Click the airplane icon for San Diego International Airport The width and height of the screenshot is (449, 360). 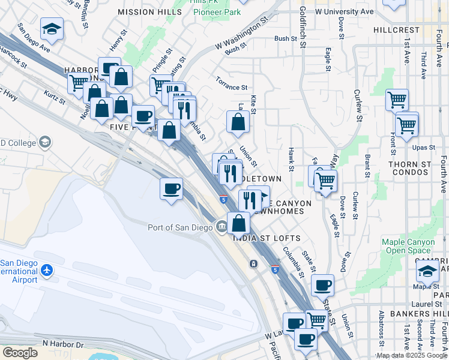click(47, 271)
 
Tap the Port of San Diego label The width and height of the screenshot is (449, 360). click(180, 227)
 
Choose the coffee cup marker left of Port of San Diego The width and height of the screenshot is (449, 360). click(172, 189)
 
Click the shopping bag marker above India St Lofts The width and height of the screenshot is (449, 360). click(239, 223)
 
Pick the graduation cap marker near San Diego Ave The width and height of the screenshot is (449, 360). click(52, 28)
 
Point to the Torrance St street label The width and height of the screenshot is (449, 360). click(232, 86)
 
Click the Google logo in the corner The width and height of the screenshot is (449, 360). click(20, 353)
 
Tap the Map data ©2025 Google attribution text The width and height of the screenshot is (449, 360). click(412, 355)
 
